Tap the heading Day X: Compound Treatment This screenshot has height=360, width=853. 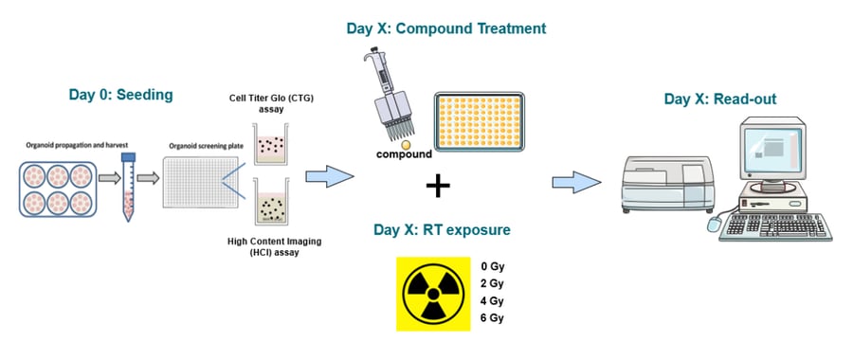point(446,28)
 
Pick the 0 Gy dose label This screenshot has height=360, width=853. point(492,266)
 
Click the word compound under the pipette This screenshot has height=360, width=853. point(404,153)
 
